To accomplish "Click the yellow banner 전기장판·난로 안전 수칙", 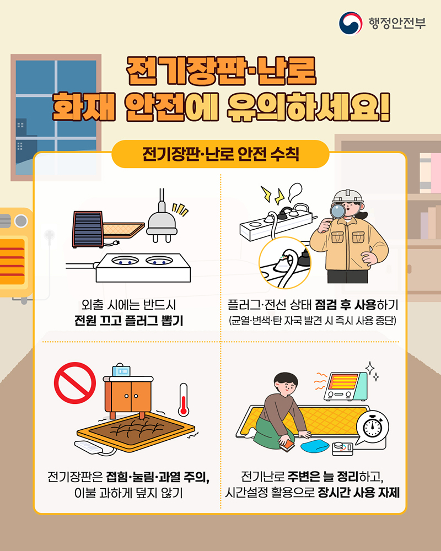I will [220, 153].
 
